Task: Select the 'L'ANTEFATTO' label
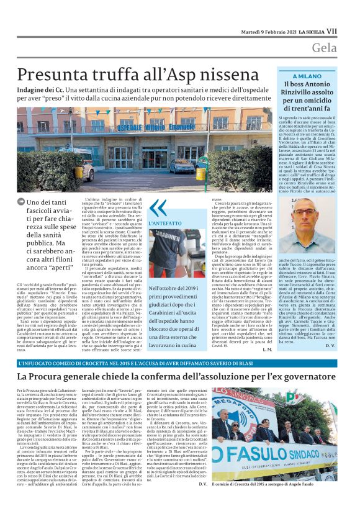pyautogui.click(x=161, y=222)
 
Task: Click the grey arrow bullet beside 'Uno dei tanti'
pyautogui.click(x=22, y=202)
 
